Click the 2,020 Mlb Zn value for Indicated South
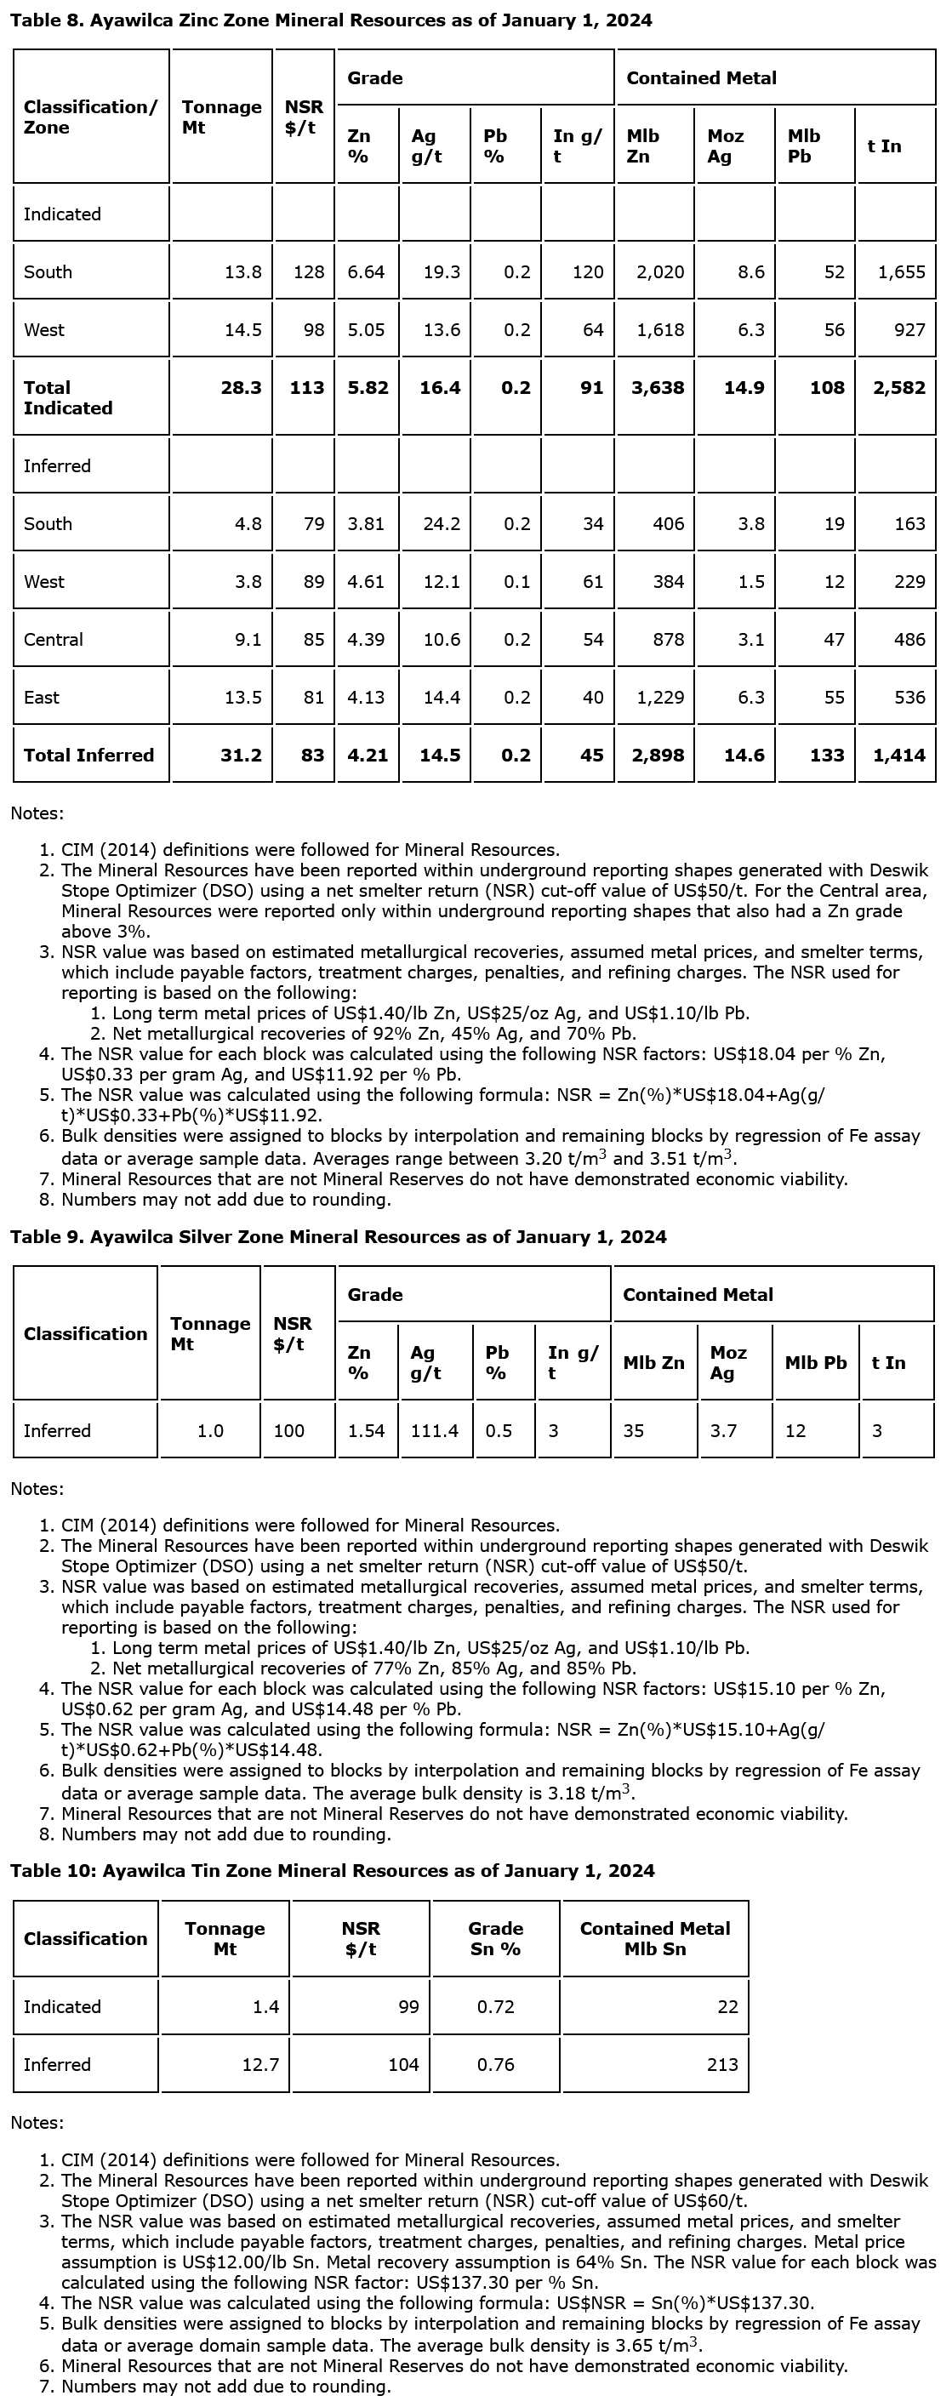coord(659,272)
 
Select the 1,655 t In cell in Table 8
coord(901,272)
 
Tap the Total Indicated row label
coord(67,398)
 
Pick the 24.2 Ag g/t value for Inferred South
coord(441,524)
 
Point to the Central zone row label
coord(54,640)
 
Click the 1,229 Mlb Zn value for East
coord(659,698)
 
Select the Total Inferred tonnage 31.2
coord(240,756)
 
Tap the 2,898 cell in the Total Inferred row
coord(658,756)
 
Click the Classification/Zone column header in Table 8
coord(89,117)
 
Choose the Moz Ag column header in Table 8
coord(725,146)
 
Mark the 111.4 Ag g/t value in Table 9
coord(435,1430)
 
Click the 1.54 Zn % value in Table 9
coord(366,1430)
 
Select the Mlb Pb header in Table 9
coord(815,1362)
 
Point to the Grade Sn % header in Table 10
coord(495,1939)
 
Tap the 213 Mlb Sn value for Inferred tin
coord(722,2064)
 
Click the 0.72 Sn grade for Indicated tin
coord(495,2006)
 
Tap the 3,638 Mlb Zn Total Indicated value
coord(658,388)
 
